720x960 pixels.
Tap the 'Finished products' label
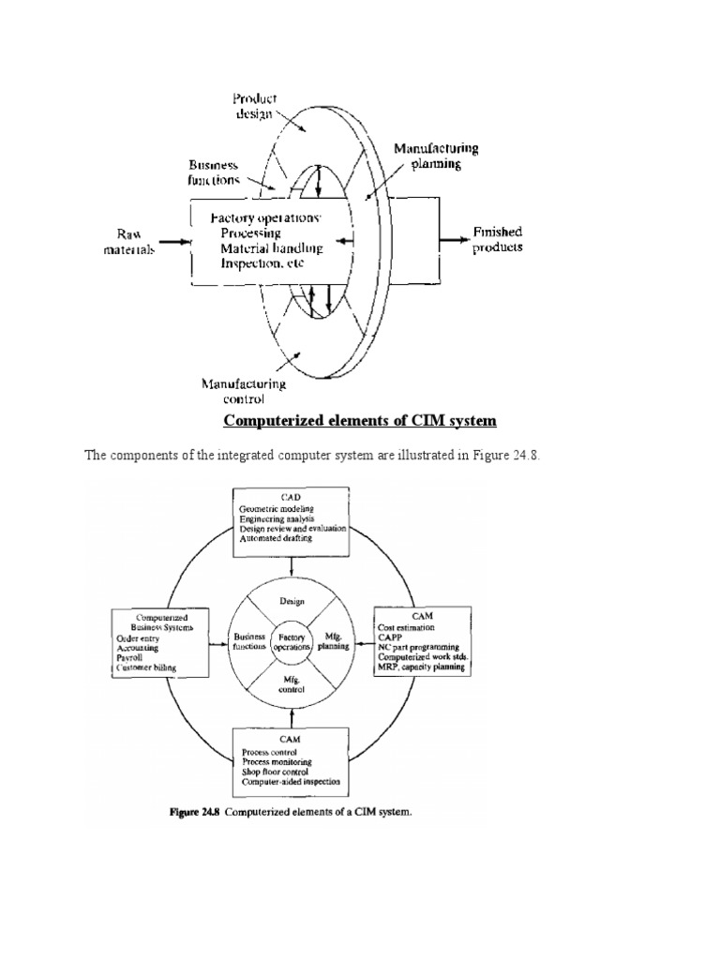click(x=498, y=239)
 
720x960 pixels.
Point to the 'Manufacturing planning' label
click(x=437, y=155)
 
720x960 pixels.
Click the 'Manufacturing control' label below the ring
click(x=243, y=390)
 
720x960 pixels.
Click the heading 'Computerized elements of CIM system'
click(x=359, y=421)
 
